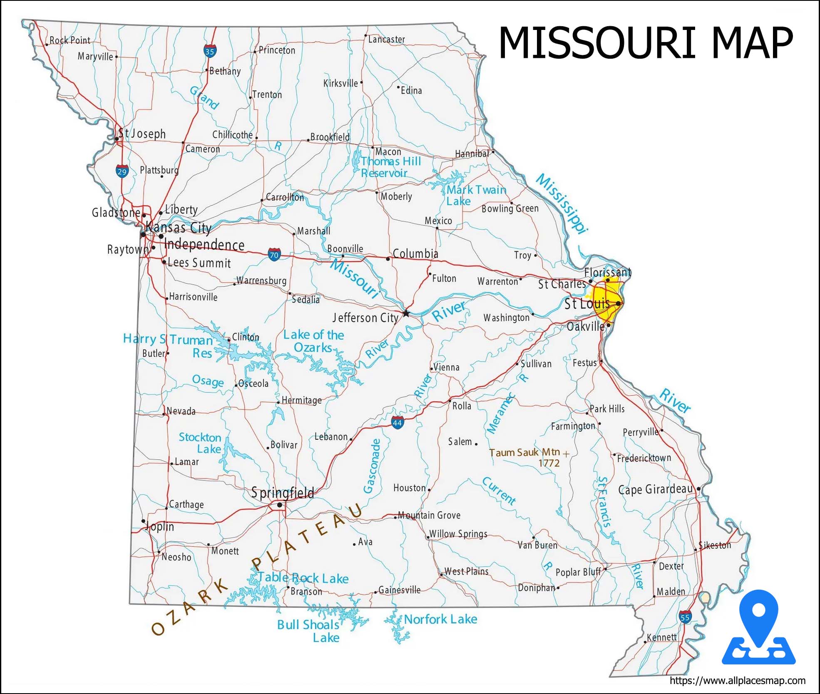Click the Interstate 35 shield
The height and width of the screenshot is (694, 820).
210,51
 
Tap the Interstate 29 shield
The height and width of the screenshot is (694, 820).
122,171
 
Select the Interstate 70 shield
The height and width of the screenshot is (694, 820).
274,255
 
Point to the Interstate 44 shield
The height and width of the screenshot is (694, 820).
398,423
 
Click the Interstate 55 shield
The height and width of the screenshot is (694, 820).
685,617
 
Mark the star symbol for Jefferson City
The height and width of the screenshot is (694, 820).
406,313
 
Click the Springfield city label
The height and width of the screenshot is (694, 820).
282,493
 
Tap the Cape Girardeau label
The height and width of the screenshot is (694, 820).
655,489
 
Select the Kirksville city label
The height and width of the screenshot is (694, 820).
340,83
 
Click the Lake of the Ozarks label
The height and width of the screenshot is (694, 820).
313,341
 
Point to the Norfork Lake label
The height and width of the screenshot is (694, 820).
440,619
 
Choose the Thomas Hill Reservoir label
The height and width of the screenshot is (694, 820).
390,167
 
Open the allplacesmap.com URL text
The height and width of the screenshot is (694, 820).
737,681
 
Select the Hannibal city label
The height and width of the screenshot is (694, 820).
472,154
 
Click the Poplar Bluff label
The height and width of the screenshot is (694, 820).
578,572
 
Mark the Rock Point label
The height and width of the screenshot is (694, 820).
70,40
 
